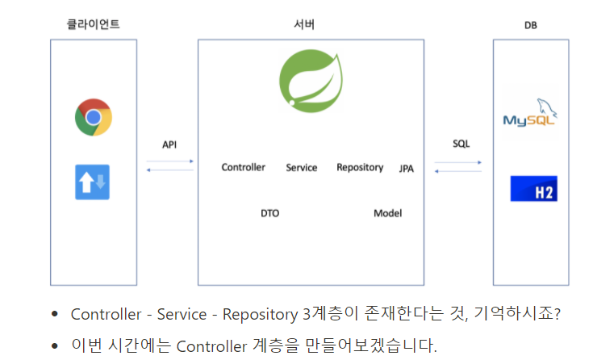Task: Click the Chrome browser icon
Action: (94, 118)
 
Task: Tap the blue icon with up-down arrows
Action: (93, 182)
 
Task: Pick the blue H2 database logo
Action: (533, 189)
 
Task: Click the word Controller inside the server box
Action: (244, 167)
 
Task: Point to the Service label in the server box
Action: (302, 168)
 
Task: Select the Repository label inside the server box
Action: (360, 167)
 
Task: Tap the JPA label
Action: (407, 169)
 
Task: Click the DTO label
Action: (269, 214)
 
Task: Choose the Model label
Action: (387, 213)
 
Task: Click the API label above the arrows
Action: (169, 144)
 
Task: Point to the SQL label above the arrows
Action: (461, 144)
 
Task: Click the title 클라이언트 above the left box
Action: (93, 24)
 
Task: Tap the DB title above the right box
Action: (530, 25)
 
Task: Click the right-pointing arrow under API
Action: (170, 161)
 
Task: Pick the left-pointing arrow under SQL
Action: (458, 171)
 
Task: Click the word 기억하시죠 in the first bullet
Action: (517, 314)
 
